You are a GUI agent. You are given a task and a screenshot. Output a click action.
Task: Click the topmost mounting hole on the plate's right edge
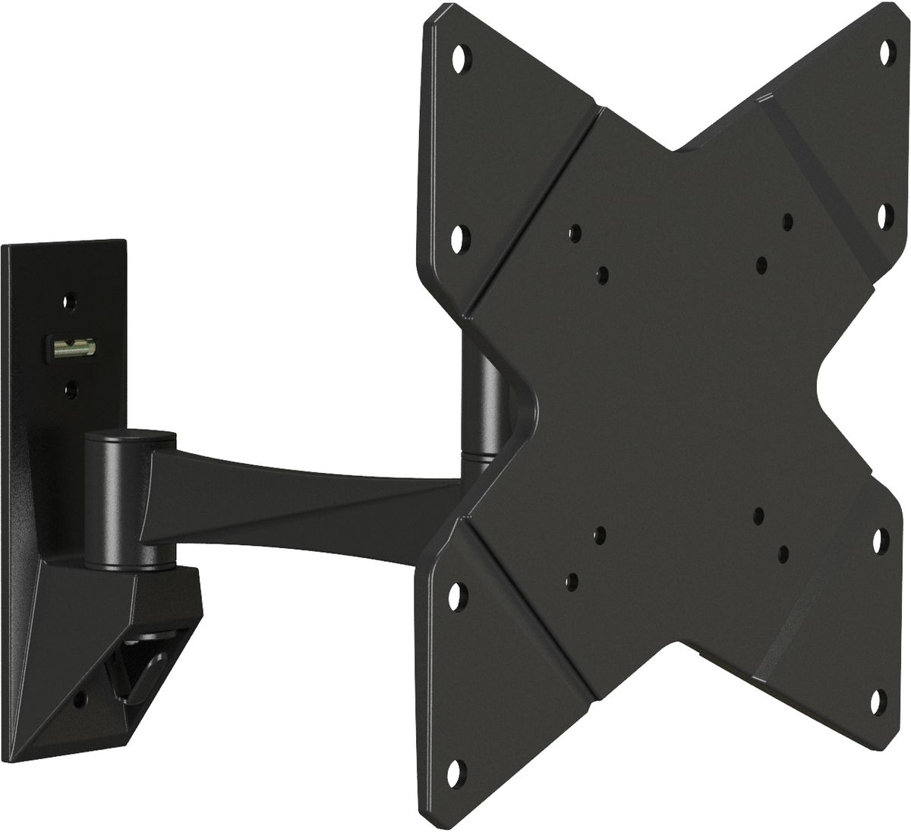[x=885, y=49]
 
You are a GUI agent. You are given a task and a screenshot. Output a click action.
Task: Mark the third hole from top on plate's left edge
[x=455, y=592]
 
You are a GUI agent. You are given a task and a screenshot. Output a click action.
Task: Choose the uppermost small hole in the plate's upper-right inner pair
[x=787, y=221]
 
